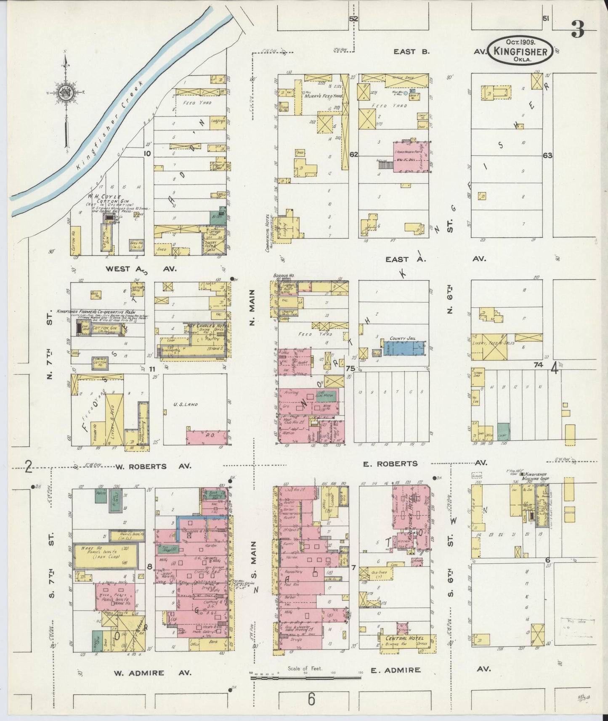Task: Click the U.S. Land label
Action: [x=185, y=405]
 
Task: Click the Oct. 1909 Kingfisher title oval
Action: [x=520, y=50]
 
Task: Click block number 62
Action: [x=353, y=154]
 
